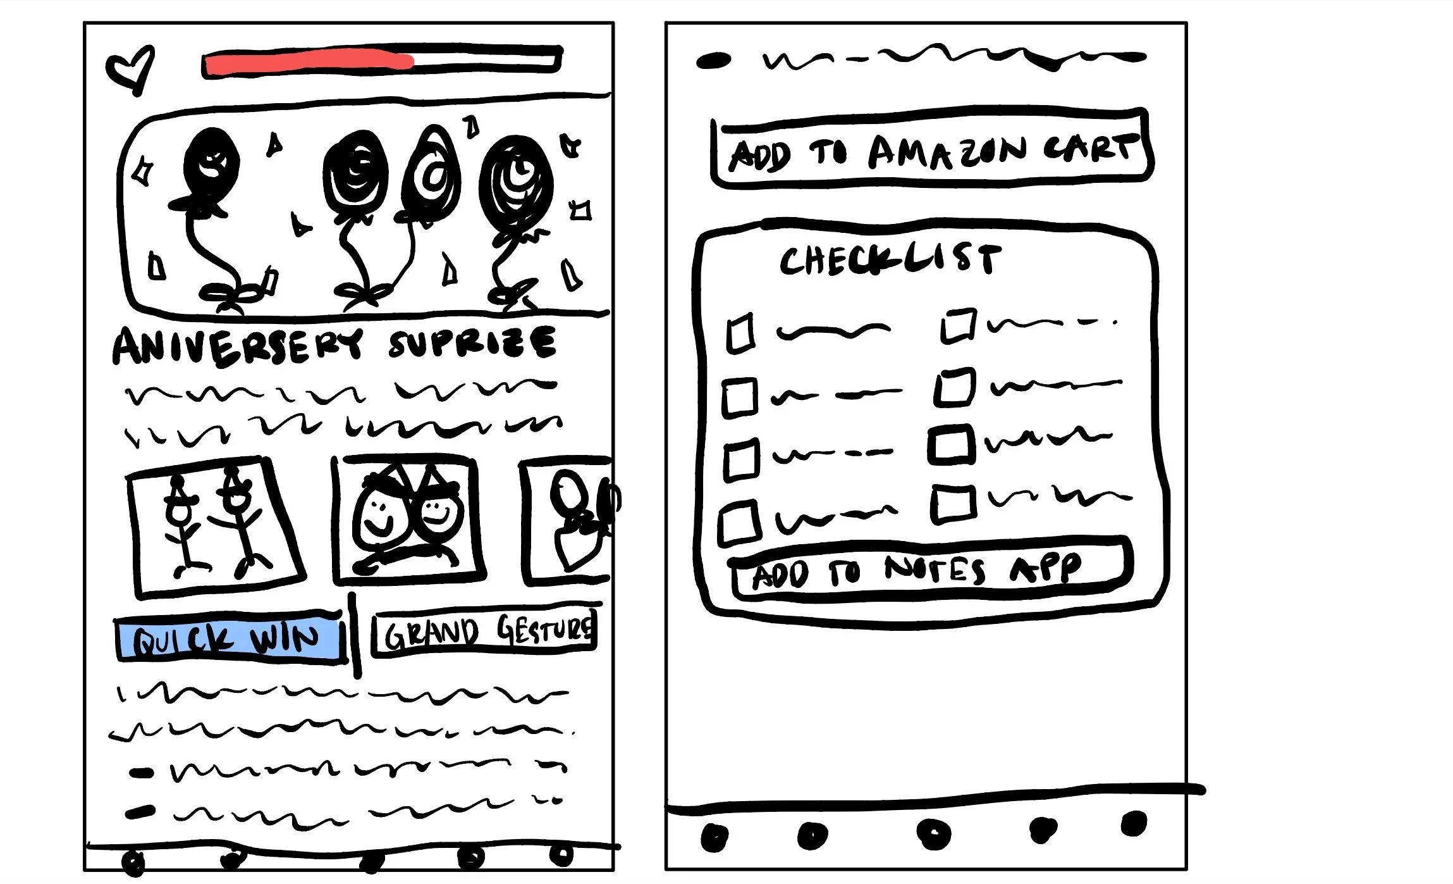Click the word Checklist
[x=890, y=260]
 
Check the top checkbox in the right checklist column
[x=957, y=325]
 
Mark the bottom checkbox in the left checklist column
[x=738, y=523]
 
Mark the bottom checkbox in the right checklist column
[x=953, y=504]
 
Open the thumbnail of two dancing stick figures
[x=215, y=526]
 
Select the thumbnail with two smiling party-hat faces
[x=408, y=519]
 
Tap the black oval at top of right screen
[x=713, y=61]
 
